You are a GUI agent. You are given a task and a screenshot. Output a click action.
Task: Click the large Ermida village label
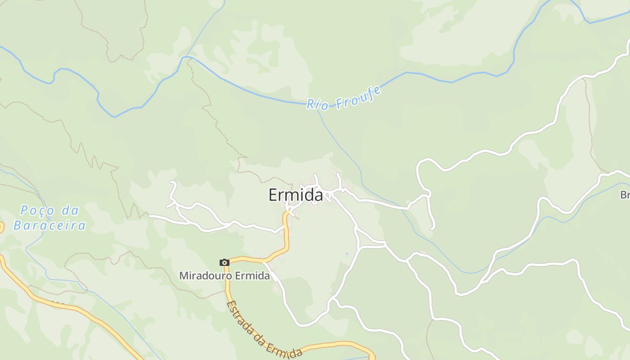(x=296, y=195)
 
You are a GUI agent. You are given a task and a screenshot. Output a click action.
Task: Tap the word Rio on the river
(x=318, y=104)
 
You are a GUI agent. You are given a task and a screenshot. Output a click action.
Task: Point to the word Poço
(x=38, y=211)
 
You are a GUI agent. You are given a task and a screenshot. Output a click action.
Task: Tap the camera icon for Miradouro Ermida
(x=224, y=262)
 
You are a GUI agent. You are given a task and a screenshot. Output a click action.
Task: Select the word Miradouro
(x=204, y=275)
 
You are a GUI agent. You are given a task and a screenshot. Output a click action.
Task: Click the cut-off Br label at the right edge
(x=625, y=195)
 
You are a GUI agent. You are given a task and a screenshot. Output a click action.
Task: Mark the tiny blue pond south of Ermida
(x=346, y=255)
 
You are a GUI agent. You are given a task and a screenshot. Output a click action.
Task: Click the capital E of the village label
(x=273, y=195)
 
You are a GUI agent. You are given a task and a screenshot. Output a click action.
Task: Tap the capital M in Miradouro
(x=184, y=275)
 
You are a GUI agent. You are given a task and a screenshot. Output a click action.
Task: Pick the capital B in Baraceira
(x=18, y=225)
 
